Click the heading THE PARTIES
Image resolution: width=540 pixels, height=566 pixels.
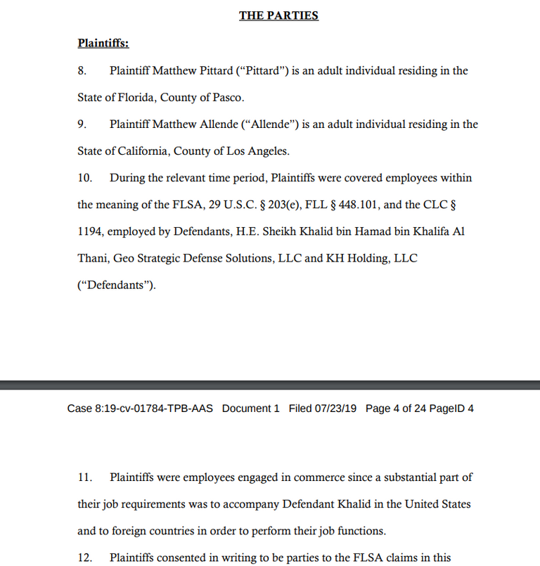[278, 15]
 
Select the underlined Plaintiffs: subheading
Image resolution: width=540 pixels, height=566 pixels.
[103, 44]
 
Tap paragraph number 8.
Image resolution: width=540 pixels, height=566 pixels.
[82, 71]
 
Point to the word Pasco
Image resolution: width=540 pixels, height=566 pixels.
[228, 98]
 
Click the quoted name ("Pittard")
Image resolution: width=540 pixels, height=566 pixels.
[259, 71]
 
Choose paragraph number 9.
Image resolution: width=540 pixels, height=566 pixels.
[82, 124]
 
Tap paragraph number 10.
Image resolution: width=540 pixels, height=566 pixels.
[84, 178]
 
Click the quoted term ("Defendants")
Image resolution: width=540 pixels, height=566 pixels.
[116, 285]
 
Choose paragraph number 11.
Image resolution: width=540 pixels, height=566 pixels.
[84, 477]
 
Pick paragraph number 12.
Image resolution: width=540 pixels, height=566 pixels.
[84, 558]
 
